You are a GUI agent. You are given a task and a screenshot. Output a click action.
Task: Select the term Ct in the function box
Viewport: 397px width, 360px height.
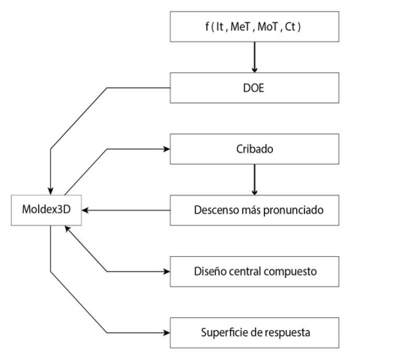298,27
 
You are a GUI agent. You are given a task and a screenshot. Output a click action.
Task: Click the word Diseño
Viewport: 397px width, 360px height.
206,271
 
